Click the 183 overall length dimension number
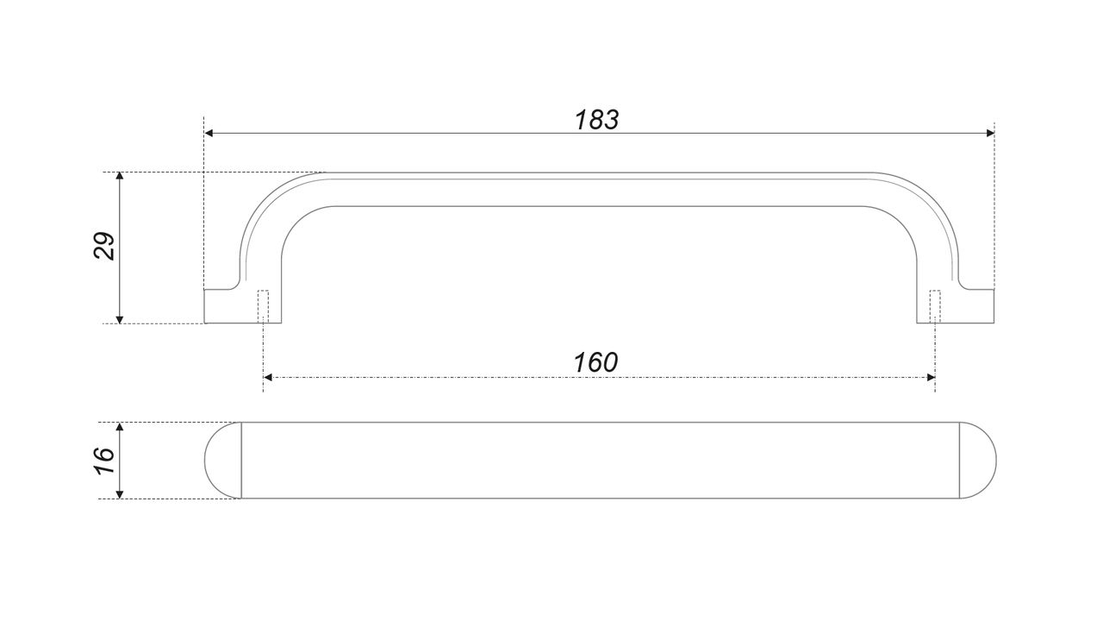597,120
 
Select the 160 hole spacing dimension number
595,362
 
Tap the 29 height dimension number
104,246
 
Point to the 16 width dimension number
104,461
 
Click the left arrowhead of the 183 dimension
209,133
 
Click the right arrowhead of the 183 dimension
990,133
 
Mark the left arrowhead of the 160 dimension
268,378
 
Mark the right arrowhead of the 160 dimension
931,378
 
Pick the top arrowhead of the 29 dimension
120,176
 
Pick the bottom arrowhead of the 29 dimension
120,319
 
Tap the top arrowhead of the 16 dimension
120,426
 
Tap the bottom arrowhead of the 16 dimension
120,494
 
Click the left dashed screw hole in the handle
264,306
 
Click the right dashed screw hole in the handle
935,306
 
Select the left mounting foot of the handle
243,306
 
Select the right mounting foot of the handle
956,306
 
